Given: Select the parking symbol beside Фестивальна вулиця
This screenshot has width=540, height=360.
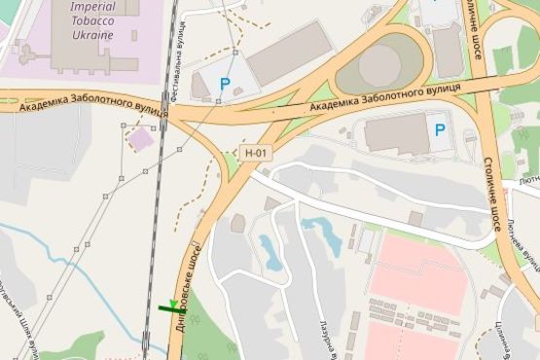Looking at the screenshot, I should pyautogui.click(x=226, y=84).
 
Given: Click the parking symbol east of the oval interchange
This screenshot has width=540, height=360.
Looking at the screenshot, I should pyautogui.click(x=440, y=129).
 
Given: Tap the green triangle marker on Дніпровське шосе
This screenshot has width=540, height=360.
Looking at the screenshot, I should pyautogui.click(x=173, y=306).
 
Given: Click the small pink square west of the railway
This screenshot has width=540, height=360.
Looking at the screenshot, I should pyautogui.click(x=141, y=139).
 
